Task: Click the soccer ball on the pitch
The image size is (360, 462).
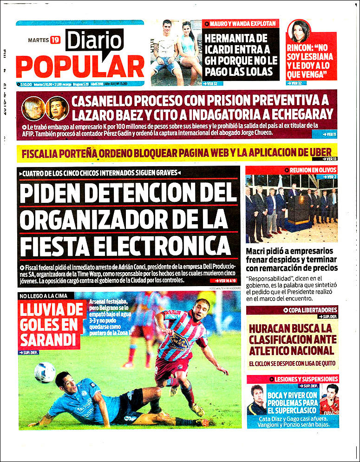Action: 45,372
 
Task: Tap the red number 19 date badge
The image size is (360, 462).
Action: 56,40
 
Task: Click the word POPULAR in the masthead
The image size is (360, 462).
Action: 80,66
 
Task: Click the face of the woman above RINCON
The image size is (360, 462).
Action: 299,31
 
